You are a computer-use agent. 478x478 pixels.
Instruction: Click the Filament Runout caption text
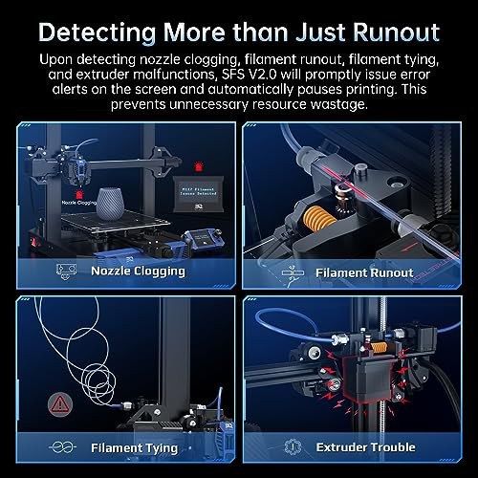click(365, 272)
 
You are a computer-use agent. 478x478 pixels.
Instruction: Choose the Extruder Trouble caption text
click(367, 445)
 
